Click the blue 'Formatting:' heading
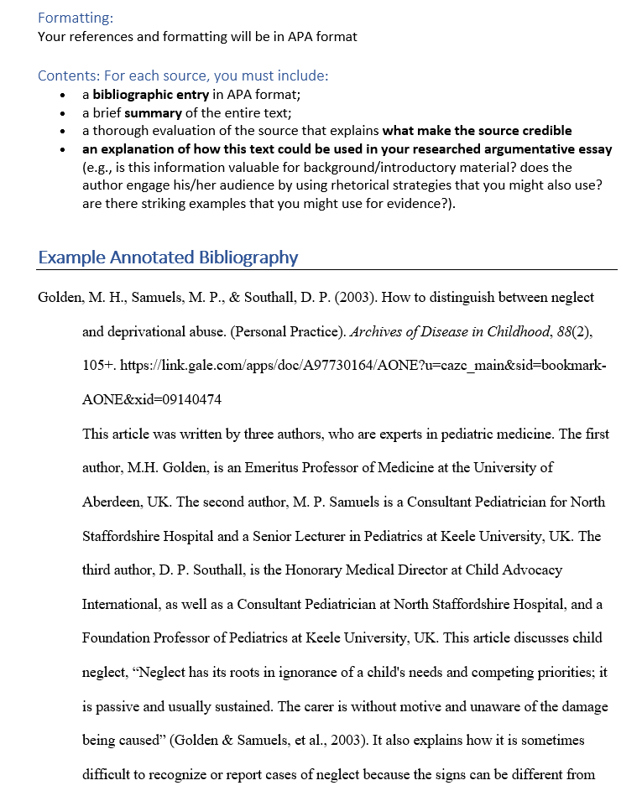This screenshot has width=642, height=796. (76, 18)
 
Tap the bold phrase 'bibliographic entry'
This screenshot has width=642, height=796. (150, 95)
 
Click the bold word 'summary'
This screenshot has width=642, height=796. (153, 112)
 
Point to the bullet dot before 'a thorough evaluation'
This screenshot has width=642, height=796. (64, 132)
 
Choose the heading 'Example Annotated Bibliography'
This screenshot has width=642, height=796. (168, 258)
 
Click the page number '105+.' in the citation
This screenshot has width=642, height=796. (99, 366)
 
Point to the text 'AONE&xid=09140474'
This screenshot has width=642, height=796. (151, 400)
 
